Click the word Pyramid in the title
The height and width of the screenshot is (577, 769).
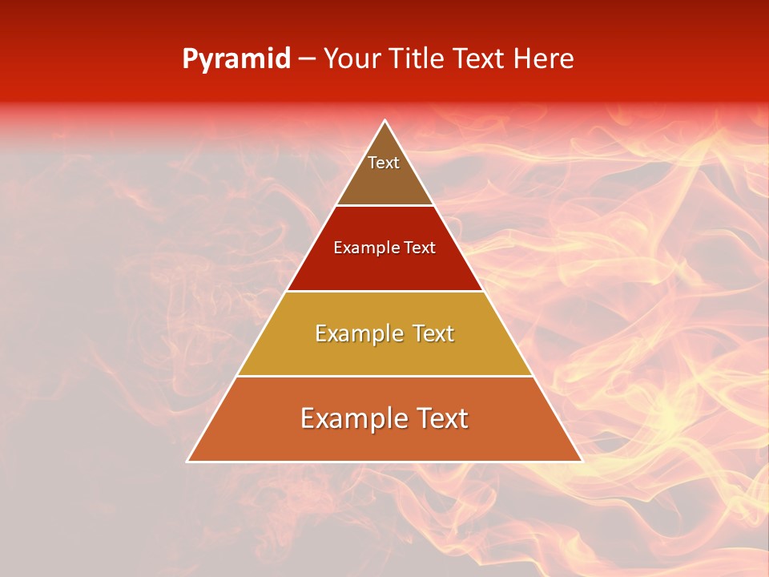[x=236, y=59]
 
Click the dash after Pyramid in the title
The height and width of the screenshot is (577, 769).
[x=307, y=60]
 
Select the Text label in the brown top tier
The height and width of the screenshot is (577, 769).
[x=384, y=163]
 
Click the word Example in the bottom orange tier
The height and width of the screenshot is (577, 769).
[x=349, y=418]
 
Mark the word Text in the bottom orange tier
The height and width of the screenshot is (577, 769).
[x=440, y=418]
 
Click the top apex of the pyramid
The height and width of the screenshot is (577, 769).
[x=384, y=121]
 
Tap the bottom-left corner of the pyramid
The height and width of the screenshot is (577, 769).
[x=188, y=461]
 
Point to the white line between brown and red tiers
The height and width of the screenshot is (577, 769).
[x=384, y=206]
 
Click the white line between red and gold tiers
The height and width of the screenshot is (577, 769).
[x=384, y=291]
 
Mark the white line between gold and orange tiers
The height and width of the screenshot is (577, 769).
[x=384, y=376]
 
